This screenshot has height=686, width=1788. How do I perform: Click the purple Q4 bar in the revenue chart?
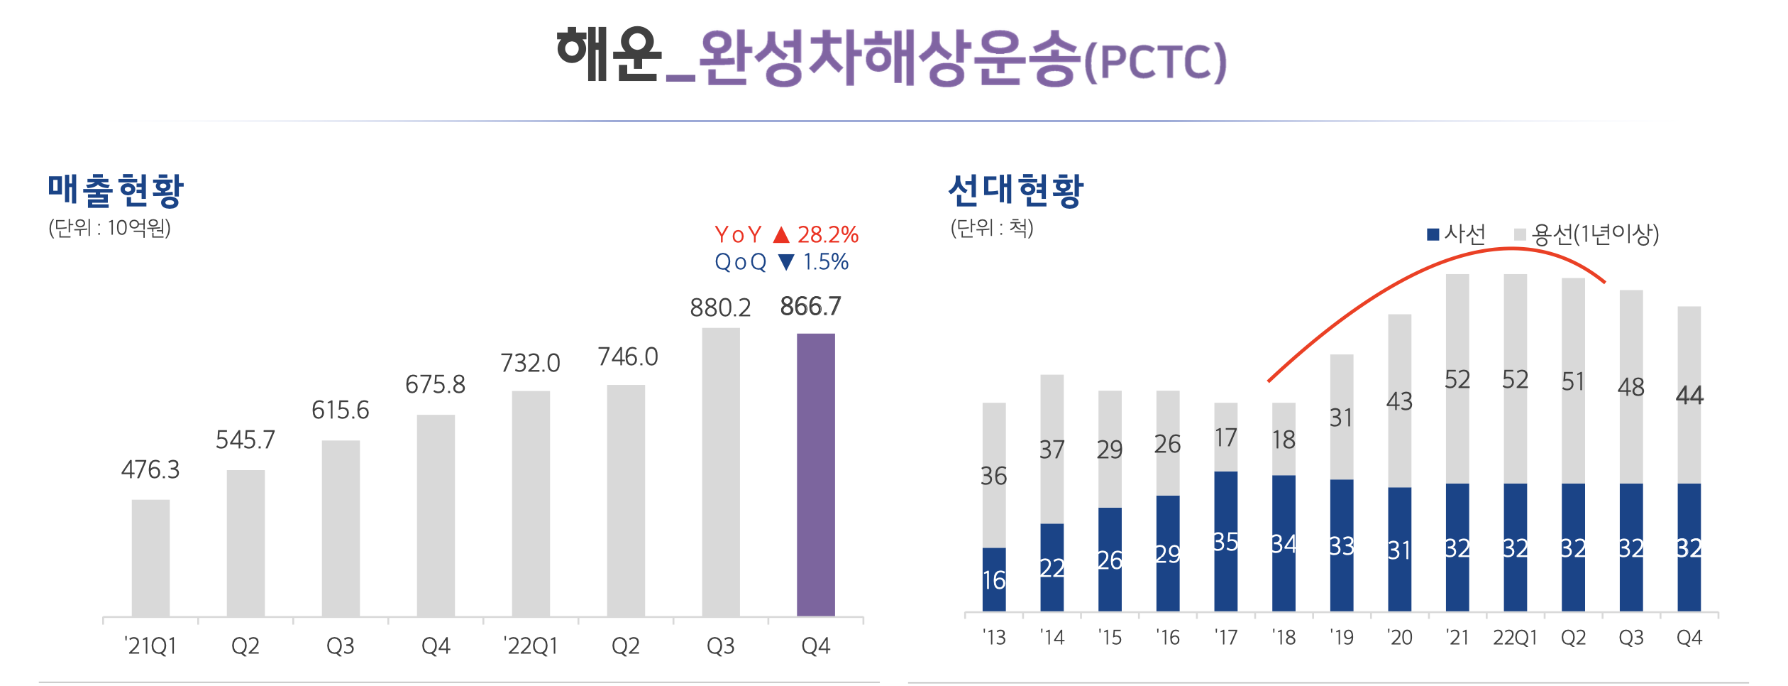[x=815, y=474]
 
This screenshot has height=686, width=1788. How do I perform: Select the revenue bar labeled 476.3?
[x=150, y=557]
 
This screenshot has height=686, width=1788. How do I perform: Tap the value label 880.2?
[x=720, y=307]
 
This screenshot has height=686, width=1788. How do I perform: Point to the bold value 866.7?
[x=810, y=306]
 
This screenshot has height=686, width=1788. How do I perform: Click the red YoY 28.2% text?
[x=786, y=234]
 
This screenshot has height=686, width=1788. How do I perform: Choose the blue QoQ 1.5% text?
[x=781, y=262]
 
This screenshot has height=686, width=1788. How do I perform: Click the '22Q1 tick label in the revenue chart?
[x=530, y=646]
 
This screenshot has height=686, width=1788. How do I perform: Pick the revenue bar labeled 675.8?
[x=436, y=516]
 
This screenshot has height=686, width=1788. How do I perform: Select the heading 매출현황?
[x=116, y=190]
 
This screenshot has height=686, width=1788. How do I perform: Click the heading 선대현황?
[x=1016, y=190]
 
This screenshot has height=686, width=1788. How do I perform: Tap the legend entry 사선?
[x=1456, y=234]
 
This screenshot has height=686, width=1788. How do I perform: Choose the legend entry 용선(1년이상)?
[x=1586, y=234]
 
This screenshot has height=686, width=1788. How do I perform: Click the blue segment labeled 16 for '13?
[x=994, y=579]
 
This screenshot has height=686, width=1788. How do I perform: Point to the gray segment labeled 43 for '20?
[x=1400, y=401]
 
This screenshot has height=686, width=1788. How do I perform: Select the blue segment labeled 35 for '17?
[x=1226, y=541]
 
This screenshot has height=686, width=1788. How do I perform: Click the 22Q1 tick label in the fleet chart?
[x=1515, y=638]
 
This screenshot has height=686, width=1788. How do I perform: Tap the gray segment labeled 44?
[x=1689, y=395]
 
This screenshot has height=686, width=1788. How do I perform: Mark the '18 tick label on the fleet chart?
[x=1284, y=638]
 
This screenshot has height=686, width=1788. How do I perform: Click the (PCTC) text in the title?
[x=1156, y=63]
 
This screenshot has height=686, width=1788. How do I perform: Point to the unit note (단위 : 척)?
[x=992, y=227]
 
